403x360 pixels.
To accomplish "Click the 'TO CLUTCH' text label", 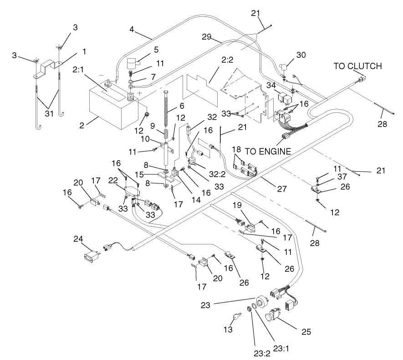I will tap(358, 66).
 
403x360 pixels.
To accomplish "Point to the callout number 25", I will tap(307, 332).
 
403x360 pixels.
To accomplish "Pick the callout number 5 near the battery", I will tap(156, 49).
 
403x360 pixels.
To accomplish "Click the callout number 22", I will tap(114, 181).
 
